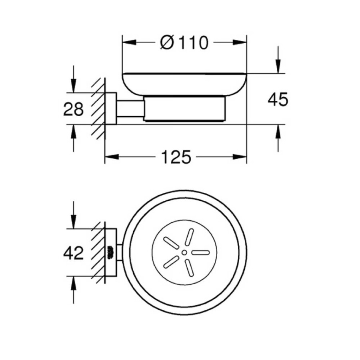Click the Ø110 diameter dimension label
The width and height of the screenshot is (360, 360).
coord(184,42)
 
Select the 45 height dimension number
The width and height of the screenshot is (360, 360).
coord(278,100)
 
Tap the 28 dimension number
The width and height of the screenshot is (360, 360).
coord(73,109)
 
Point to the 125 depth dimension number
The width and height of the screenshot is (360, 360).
coord(176,157)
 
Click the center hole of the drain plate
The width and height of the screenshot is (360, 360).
coord(184,252)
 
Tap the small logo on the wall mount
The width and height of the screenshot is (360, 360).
coord(111,252)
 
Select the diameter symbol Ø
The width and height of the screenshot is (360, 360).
coord(167,42)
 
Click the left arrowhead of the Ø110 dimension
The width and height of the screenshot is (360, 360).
coord(129,42)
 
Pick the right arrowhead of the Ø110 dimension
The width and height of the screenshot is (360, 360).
coord(240,42)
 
